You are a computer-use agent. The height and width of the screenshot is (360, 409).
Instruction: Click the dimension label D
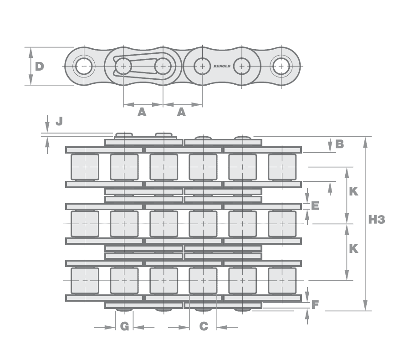click(40, 67)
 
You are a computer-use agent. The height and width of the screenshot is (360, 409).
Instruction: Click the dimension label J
click(59, 121)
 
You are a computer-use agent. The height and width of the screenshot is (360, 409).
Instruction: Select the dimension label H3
click(377, 220)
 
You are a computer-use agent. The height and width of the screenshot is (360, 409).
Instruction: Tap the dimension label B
click(339, 144)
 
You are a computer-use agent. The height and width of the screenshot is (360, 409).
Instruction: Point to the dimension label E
click(314, 206)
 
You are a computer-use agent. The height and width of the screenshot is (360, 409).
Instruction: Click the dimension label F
click(315, 304)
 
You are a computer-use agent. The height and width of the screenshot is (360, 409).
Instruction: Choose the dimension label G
click(125, 326)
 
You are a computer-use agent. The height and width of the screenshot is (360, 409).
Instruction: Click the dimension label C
click(204, 326)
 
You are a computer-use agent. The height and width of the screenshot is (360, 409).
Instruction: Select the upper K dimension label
click(353, 192)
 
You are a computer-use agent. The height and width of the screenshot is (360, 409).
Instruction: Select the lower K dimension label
click(353, 249)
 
